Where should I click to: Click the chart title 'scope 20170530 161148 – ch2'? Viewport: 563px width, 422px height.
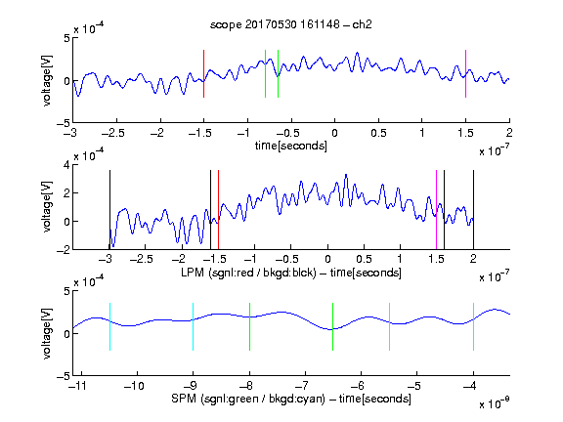(291, 24)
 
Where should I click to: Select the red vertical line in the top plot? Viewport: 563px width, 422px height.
(203, 73)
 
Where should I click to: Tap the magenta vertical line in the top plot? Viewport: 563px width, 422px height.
(465, 73)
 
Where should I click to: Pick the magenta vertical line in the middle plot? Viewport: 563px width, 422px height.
(436, 210)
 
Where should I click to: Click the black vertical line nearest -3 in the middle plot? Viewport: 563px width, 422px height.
(109, 210)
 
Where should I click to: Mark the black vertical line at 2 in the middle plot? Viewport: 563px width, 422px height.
(473, 210)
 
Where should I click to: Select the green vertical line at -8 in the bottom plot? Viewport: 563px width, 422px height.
(249, 326)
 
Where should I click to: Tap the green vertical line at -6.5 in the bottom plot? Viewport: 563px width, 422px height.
(333, 326)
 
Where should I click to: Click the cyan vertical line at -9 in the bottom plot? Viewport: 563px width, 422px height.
(194, 326)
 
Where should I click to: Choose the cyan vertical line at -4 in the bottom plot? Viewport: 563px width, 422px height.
(473, 326)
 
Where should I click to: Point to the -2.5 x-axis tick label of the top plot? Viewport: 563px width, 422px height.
(113, 133)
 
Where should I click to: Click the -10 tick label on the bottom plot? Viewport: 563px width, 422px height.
(134, 386)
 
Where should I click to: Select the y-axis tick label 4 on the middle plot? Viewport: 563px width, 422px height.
(66, 165)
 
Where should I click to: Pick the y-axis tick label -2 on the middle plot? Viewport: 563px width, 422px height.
(64, 250)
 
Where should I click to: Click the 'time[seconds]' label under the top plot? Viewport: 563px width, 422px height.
(291, 147)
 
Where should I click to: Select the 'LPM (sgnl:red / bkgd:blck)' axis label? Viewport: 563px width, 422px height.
(248, 273)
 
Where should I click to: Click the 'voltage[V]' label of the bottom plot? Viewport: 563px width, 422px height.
(47, 333)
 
